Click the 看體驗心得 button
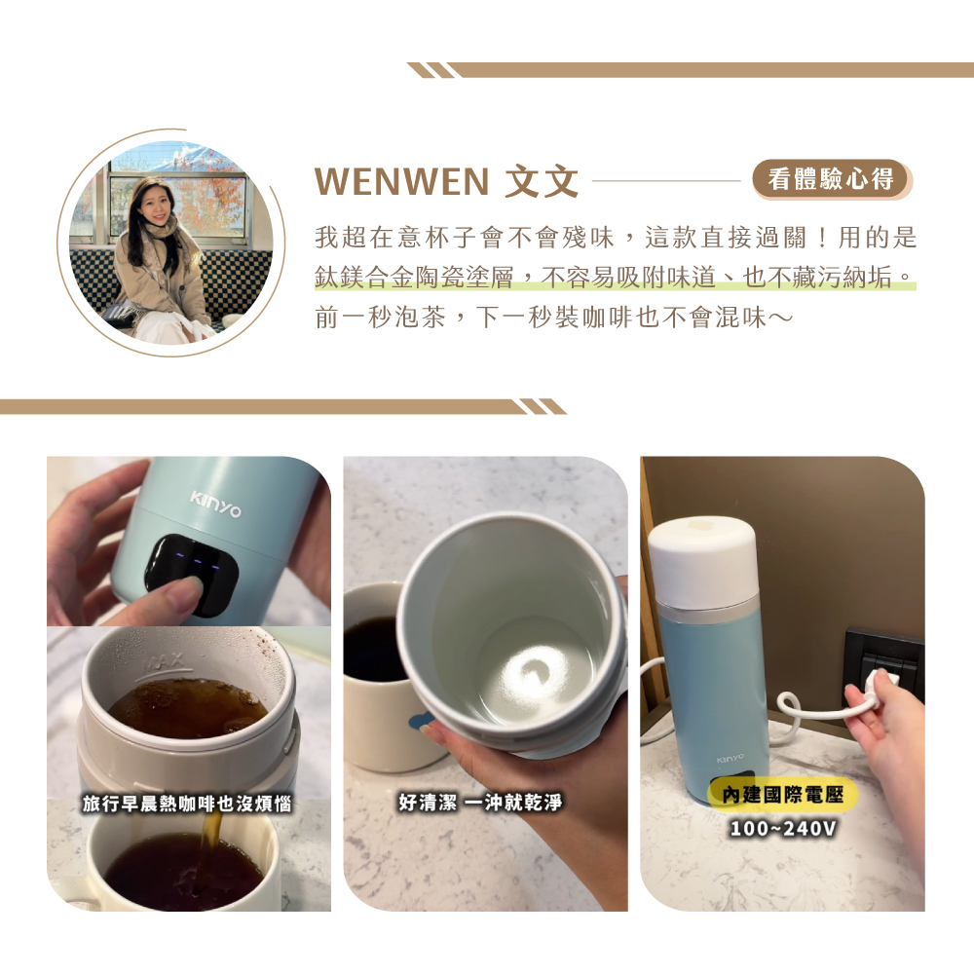click(x=831, y=179)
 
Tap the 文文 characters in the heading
click(x=542, y=181)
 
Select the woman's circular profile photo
click(x=170, y=243)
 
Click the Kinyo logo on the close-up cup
click(x=215, y=505)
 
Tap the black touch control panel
click(x=192, y=574)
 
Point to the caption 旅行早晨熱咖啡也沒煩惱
click(x=187, y=804)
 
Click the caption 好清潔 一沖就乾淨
click(x=480, y=802)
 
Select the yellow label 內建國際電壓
click(x=783, y=795)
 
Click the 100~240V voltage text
click(x=783, y=828)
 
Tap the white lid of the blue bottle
click(x=702, y=563)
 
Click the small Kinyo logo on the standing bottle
click(x=730, y=759)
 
